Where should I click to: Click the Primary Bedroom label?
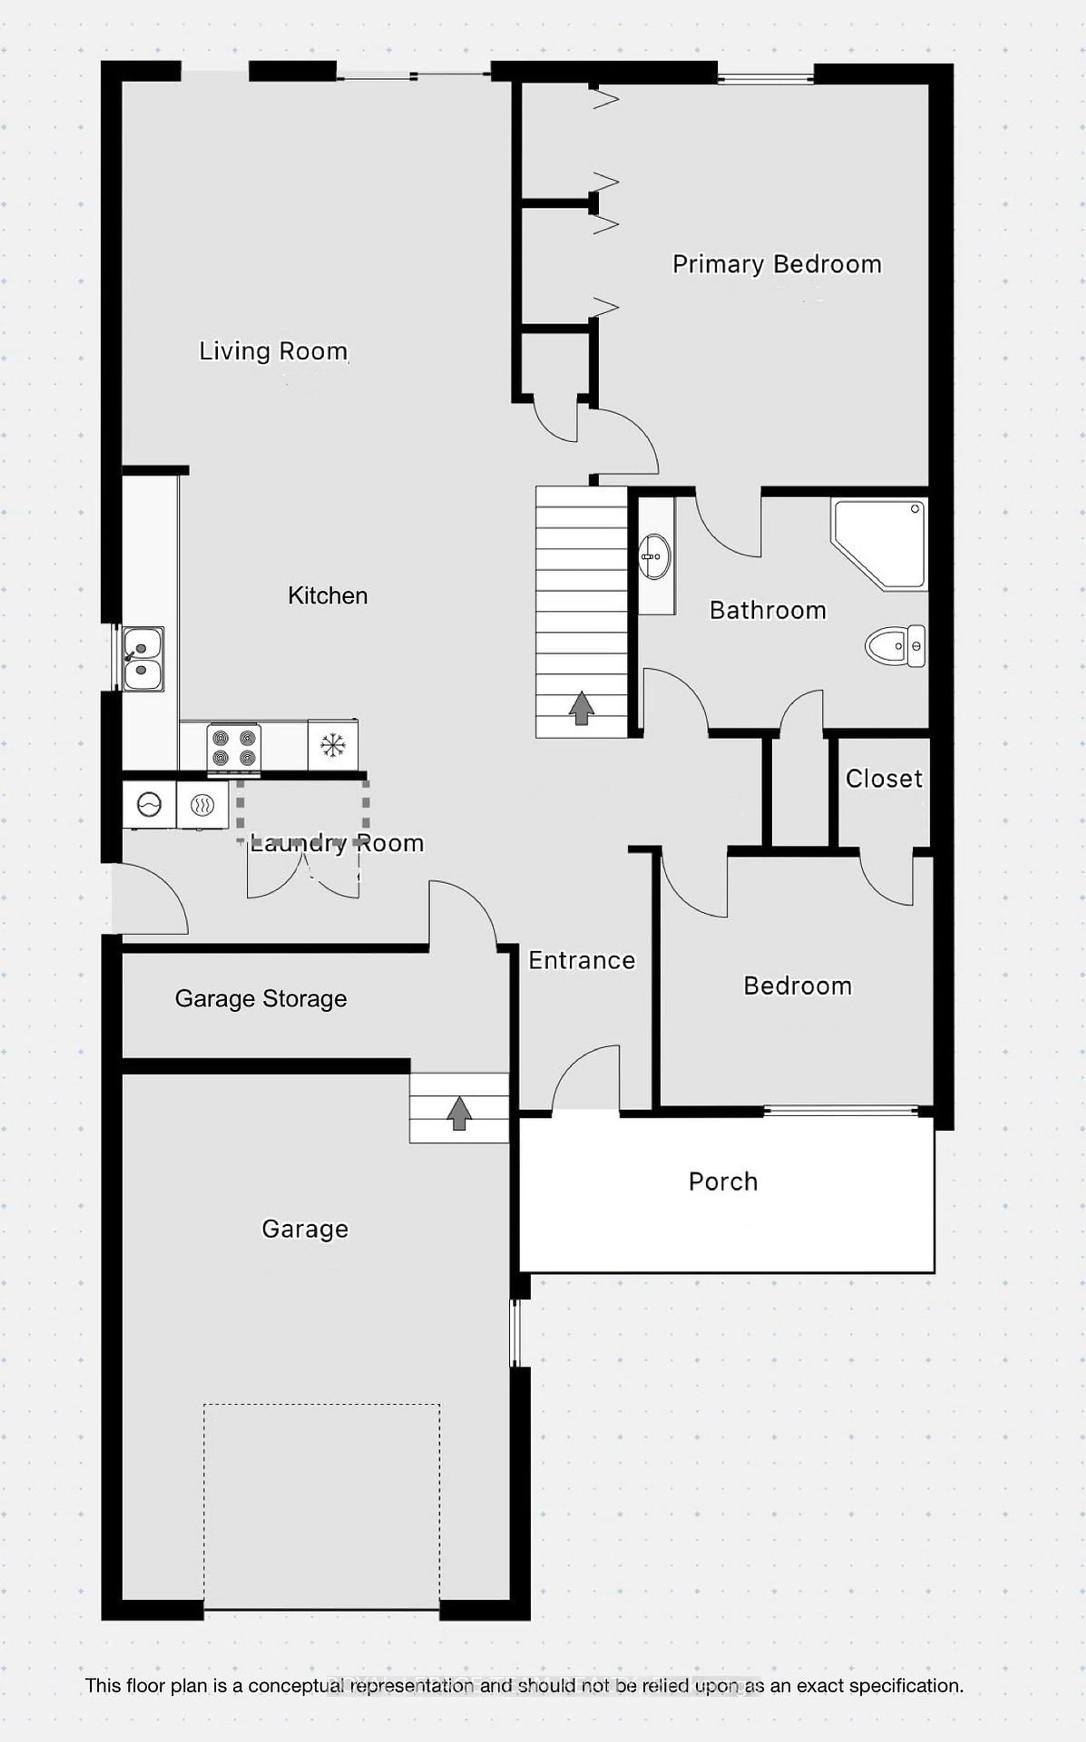(x=776, y=264)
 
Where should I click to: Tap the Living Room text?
(x=273, y=351)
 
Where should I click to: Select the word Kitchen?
(x=327, y=595)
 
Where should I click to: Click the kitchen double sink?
(x=143, y=659)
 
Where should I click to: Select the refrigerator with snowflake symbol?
(x=333, y=745)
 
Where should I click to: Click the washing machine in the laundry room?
(x=149, y=805)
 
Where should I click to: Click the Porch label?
(x=723, y=1182)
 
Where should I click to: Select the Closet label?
(x=884, y=779)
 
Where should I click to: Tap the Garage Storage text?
(x=261, y=998)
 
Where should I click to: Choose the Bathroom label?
(x=767, y=611)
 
